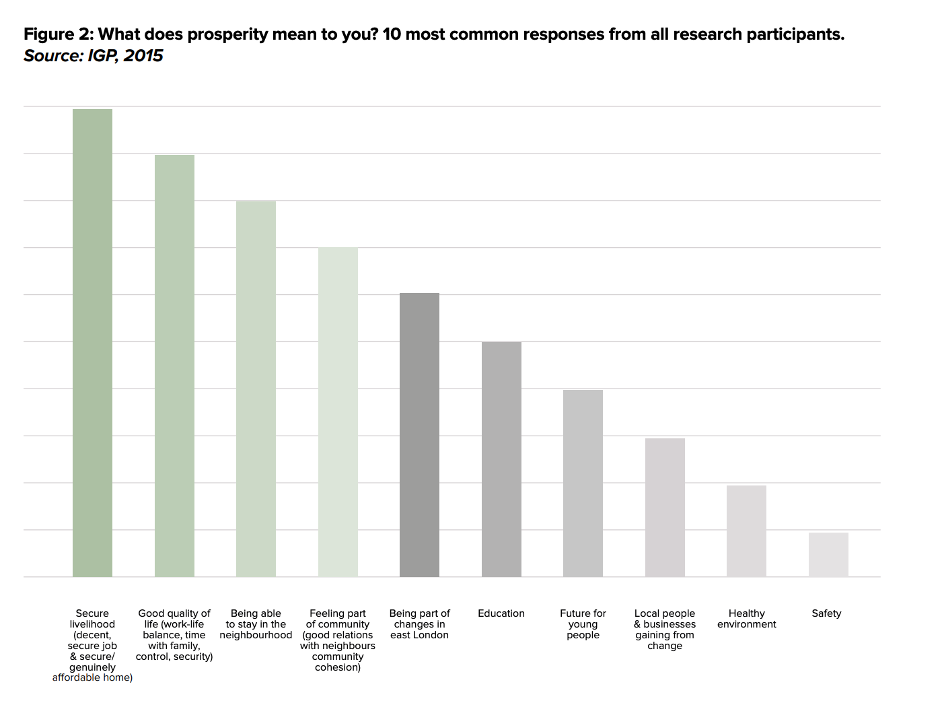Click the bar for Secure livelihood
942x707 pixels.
(x=92, y=343)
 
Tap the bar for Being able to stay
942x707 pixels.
(x=256, y=389)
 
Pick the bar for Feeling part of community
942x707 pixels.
(x=338, y=412)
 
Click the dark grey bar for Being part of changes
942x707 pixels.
(x=419, y=435)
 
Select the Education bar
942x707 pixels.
(x=501, y=459)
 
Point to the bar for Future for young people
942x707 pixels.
(x=583, y=483)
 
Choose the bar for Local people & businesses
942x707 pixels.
(x=665, y=507)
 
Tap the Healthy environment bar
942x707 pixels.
(x=746, y=531)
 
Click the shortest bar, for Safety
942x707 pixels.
(x=828, y=554)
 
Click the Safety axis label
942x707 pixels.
(x=826, y=613)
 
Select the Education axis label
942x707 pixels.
(x=501, y=613)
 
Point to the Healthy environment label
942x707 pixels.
(x=746, y=619)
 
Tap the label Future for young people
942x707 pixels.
(x=583, y=624)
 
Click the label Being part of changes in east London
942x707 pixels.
(x=419, y=624)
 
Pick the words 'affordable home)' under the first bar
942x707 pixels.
(x=92, y=677)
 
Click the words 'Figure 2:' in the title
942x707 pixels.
(x=59, y=34)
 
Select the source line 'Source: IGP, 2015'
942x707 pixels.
(x=94, y=56)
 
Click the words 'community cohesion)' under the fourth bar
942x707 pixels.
(x=338, y=662)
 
